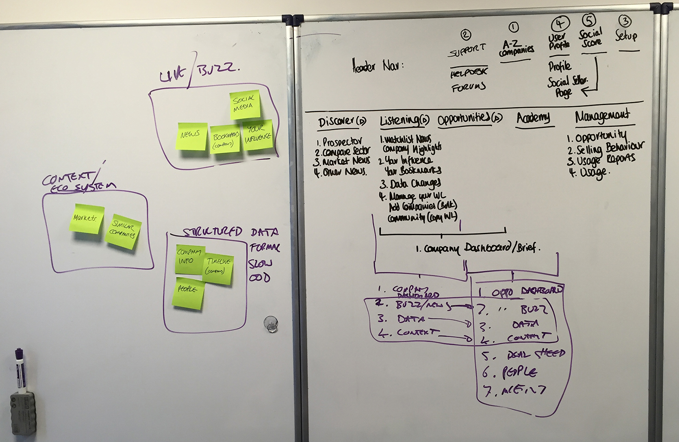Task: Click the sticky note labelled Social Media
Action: coord(244,104)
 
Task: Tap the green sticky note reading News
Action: coord(191,136)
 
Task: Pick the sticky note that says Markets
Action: coord(86,218)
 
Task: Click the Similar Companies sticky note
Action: coord(123,231)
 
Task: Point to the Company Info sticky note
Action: coord(189,259)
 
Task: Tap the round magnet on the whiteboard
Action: coord(270,324)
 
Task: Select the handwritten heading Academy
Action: coord(533,118)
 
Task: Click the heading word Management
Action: coord(602,116)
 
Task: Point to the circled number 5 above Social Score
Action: coord(589,20)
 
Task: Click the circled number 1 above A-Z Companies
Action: coord(513,27)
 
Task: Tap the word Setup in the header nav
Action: coord(626,36)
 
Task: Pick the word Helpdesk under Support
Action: coord(468,73)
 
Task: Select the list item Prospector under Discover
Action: coord(342,141)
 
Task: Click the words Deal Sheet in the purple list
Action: coord(535,354)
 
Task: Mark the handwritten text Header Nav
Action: coord(377,66)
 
